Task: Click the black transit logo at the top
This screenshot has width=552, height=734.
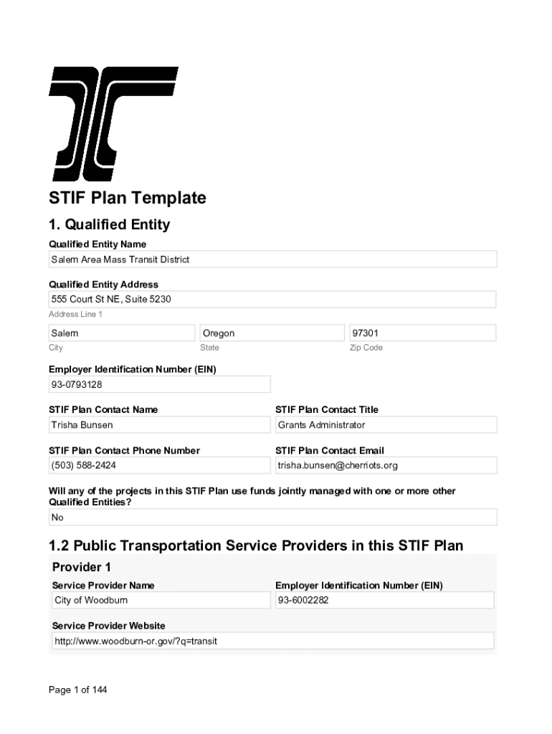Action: pyautogui.click(x=113, y=123)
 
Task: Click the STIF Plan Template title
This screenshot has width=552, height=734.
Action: pyautogui.click(x=127, y=198)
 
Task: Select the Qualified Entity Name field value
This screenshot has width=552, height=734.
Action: pyautogui.click(x=272, y=259)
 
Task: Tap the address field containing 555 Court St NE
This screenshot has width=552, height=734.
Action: pyautogui.click(x=272, y=299)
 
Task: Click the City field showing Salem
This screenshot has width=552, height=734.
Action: pyautogui.click(x=121, y=333)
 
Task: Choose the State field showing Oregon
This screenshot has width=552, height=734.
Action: pyautogui.click(x=272, y=333)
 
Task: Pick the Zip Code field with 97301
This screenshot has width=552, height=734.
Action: pyautogui.click(x=422, y=333)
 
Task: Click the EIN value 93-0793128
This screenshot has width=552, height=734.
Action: pyautogui.click(x=159, y=385)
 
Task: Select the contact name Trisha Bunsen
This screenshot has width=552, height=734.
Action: pyautogui.click(x=159, y=425)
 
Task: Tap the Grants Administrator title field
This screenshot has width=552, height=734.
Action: pyautogui.click(x=386, y=425)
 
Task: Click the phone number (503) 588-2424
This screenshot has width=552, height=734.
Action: pyautogui.click(x=159, y=466)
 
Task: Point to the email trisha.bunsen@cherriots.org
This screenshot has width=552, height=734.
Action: pyautogui.click(x=386, y=466)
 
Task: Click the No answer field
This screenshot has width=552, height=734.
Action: pyautogui.click(x=272, y=518)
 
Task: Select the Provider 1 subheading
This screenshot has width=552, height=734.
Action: pyautogui.click(x=82, y=567)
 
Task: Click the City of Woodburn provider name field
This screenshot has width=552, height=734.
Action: pyautogui.click(x=161, y=600)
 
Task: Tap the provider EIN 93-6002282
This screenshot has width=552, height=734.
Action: pyautogui.click(x=384, y=600)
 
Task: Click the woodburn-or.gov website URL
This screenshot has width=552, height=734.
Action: pyautogui.click(x=272, y=641)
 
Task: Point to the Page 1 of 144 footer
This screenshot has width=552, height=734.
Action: pyautogui.click(x=77, y=690)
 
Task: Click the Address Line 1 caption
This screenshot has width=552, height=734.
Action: pyautogui.click(x=75, y=315)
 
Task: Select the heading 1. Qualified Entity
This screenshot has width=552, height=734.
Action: pyautogui.click(x=109, y=225)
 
